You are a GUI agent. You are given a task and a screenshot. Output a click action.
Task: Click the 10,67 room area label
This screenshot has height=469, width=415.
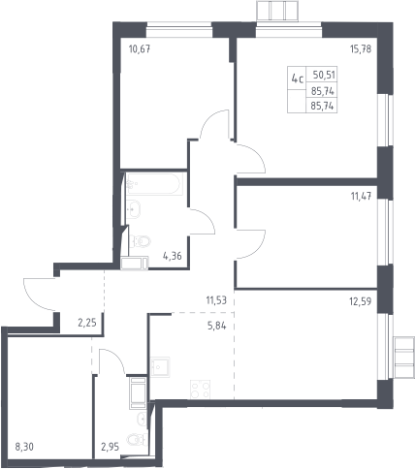(140, 49)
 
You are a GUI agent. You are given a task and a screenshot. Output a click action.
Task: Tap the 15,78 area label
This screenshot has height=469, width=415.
(361, 49)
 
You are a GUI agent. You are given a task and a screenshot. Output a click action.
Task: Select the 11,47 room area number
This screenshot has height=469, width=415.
(361, 196)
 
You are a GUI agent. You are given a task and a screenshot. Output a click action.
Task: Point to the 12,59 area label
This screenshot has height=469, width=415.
(361, 301)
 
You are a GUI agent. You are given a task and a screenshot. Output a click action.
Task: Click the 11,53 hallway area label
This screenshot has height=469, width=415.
(216, 300)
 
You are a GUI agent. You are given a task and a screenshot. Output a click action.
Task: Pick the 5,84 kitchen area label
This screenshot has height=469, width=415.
(216, 327)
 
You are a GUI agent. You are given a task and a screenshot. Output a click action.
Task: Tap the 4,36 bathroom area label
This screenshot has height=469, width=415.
(173, 257)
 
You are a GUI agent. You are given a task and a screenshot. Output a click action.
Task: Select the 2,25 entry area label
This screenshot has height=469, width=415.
(87, 323)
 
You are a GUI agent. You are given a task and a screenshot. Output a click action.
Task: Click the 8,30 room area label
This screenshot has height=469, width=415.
(24, 447)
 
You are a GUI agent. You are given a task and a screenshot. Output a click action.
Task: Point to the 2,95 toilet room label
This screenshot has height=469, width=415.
(111, 447)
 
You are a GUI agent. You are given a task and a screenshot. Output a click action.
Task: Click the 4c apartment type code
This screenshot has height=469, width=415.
(298, 78)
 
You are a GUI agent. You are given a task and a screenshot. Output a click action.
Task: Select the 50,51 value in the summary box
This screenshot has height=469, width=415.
(324, 75)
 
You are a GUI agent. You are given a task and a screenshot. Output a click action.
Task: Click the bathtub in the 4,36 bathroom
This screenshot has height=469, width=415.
(155, 184)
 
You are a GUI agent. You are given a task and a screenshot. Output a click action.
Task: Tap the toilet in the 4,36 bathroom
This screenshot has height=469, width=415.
(141, 241)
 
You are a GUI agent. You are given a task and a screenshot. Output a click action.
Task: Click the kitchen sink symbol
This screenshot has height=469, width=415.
(160, 367)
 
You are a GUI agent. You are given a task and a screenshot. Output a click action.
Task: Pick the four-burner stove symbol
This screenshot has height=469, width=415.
(201, 390)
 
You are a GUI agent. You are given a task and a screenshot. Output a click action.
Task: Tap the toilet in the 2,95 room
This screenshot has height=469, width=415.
(138, 439)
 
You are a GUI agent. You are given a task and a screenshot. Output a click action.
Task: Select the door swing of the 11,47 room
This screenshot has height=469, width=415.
(251, 244)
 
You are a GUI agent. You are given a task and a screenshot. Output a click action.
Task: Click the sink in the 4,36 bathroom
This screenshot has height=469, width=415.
(134, 208)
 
